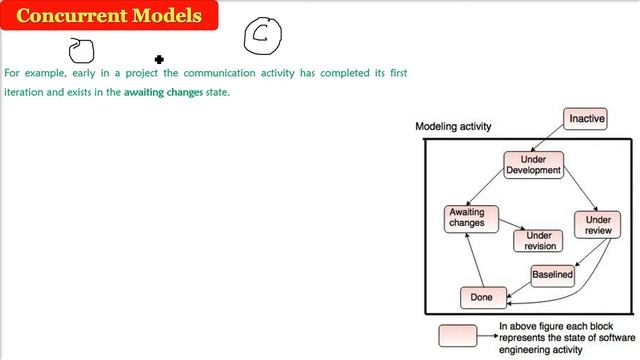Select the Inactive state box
click(586, 119)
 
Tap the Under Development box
click(534, 164)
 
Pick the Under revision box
click(538, 240)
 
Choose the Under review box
click(598, 225)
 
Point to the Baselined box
click(552, 274)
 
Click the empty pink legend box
click(464, 334)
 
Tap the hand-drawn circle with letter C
click(265, 35)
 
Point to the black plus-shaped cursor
click(158, 59)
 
